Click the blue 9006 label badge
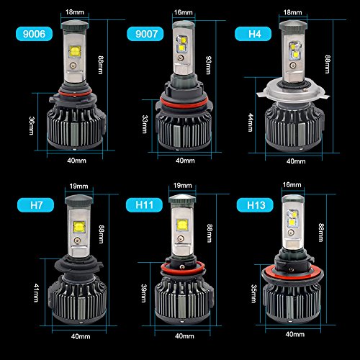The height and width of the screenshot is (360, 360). point(34,34)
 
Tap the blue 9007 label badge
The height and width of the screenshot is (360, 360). point(145,34)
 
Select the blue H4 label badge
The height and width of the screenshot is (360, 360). point(253,34)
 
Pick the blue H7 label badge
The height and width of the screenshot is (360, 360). point(35,205)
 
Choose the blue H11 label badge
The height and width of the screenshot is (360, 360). point(144,205)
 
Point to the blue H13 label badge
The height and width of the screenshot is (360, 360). point(255,205)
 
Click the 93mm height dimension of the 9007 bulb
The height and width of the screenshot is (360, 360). point(209,65)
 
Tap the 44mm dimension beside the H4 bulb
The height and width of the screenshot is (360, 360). point(251,122)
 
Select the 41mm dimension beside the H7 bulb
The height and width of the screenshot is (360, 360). point(36,293)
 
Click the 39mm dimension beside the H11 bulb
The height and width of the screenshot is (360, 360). point(144,293)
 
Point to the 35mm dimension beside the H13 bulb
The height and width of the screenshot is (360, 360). point(253,294)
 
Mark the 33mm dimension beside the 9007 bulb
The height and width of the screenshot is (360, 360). point(145,125)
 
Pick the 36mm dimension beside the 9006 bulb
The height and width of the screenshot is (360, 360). point(32,126)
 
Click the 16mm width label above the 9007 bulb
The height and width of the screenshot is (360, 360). point(184,12)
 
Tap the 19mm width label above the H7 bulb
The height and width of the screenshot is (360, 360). point(78,186)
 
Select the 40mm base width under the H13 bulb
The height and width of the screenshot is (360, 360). point(295,334)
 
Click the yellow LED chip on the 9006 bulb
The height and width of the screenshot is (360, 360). point(75,52)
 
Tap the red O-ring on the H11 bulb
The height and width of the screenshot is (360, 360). point(182,269)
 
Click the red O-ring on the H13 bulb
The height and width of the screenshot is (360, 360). point(292,274)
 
